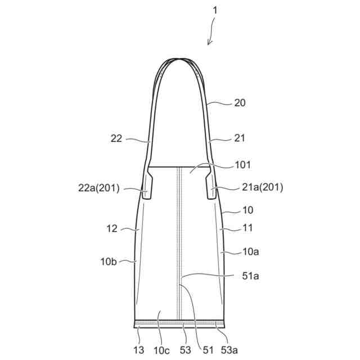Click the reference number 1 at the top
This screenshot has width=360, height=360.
click(x=215, y=10)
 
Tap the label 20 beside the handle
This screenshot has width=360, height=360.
click(x=240, y=103)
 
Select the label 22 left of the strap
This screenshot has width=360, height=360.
click(x=116, y=138)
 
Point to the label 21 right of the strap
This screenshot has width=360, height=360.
click(x=240, y=138)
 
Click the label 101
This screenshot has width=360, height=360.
click(x=242, y=165)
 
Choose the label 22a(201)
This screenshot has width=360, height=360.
click(x=99, y=188)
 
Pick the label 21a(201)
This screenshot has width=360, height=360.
click(x=263, y=187)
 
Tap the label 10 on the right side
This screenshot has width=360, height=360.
click(x=247, y=210)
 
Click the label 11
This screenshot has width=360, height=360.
click(x=247, y=228)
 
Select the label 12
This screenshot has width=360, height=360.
click(x=112, y=229)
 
